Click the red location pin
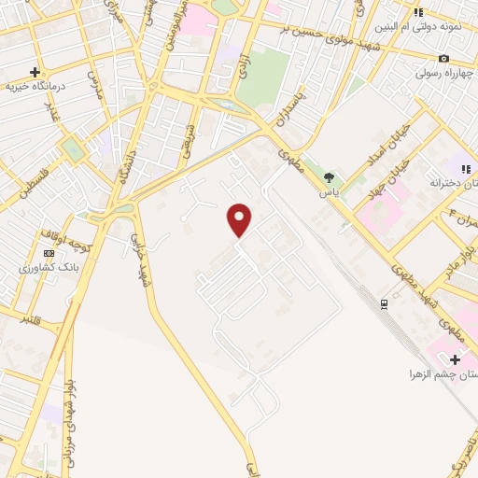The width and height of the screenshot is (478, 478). (x=240, y=219)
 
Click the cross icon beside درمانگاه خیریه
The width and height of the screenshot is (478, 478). (x=35, y=72)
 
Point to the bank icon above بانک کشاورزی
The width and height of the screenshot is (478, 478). (x=49, y=253)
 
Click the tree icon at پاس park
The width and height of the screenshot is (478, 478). (x=329, y=177)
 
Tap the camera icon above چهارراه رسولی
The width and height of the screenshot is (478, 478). (x=443, y=58)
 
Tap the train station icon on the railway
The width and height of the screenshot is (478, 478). (x=384, y=303)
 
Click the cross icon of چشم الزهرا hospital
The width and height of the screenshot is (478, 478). (x=456, y=359)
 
